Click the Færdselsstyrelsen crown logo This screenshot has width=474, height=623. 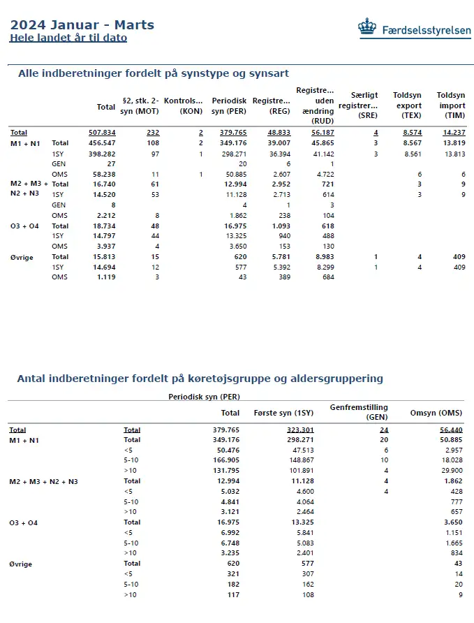(x=366, y=27)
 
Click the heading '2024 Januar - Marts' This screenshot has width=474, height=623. (x=82, y=25)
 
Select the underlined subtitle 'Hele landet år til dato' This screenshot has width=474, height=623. (x=68, y=38)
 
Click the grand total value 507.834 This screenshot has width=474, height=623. (x=102, y=132)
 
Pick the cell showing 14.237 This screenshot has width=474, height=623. (x=453, y=132)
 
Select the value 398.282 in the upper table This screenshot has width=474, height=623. (x=102, y=153)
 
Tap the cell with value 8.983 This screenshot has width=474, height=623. (x=323, y=257)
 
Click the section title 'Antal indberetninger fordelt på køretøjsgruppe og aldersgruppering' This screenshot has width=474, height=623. (x=200, y=379)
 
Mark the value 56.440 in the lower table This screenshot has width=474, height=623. (x=448, y=430)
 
